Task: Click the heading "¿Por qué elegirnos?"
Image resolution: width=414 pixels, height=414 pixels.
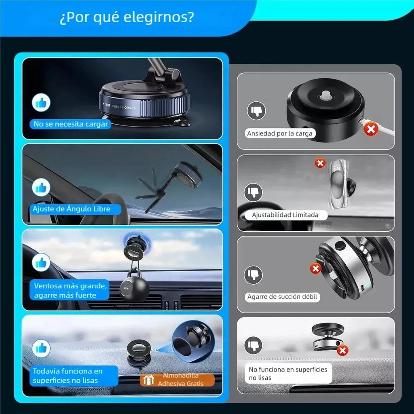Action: pos(127,17)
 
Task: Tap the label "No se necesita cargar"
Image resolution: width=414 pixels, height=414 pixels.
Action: pos(70,124)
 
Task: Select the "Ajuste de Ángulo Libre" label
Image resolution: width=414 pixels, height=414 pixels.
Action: pos(71,209)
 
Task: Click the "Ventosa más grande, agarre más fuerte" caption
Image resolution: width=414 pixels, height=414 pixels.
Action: pos(70,290)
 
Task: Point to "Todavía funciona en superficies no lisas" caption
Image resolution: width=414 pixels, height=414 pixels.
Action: pos(68,376)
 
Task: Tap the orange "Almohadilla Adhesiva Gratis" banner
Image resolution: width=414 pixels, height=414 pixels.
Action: pos(177,380)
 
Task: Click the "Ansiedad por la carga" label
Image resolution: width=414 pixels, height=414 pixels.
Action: pos(280,133)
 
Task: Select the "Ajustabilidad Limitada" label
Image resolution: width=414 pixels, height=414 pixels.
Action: pos(285,215)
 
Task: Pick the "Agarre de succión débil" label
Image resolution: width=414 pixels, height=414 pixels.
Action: pos(282,297)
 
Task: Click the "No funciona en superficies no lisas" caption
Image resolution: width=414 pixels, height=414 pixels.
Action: pos(288,374)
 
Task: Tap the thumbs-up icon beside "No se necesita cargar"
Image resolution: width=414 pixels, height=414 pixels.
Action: pos(41,102)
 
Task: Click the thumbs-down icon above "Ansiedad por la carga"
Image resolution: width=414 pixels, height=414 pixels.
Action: pos(256,111)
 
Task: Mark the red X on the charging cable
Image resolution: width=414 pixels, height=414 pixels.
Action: pos(371,130)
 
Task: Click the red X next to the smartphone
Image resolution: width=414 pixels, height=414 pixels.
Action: pos(320,163)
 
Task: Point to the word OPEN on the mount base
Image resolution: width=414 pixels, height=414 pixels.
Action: pos(129,108)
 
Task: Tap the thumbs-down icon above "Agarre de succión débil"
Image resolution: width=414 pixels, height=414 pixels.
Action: pos(253,275)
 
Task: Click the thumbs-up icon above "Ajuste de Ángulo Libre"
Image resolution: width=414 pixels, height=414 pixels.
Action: pos(41,188)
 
